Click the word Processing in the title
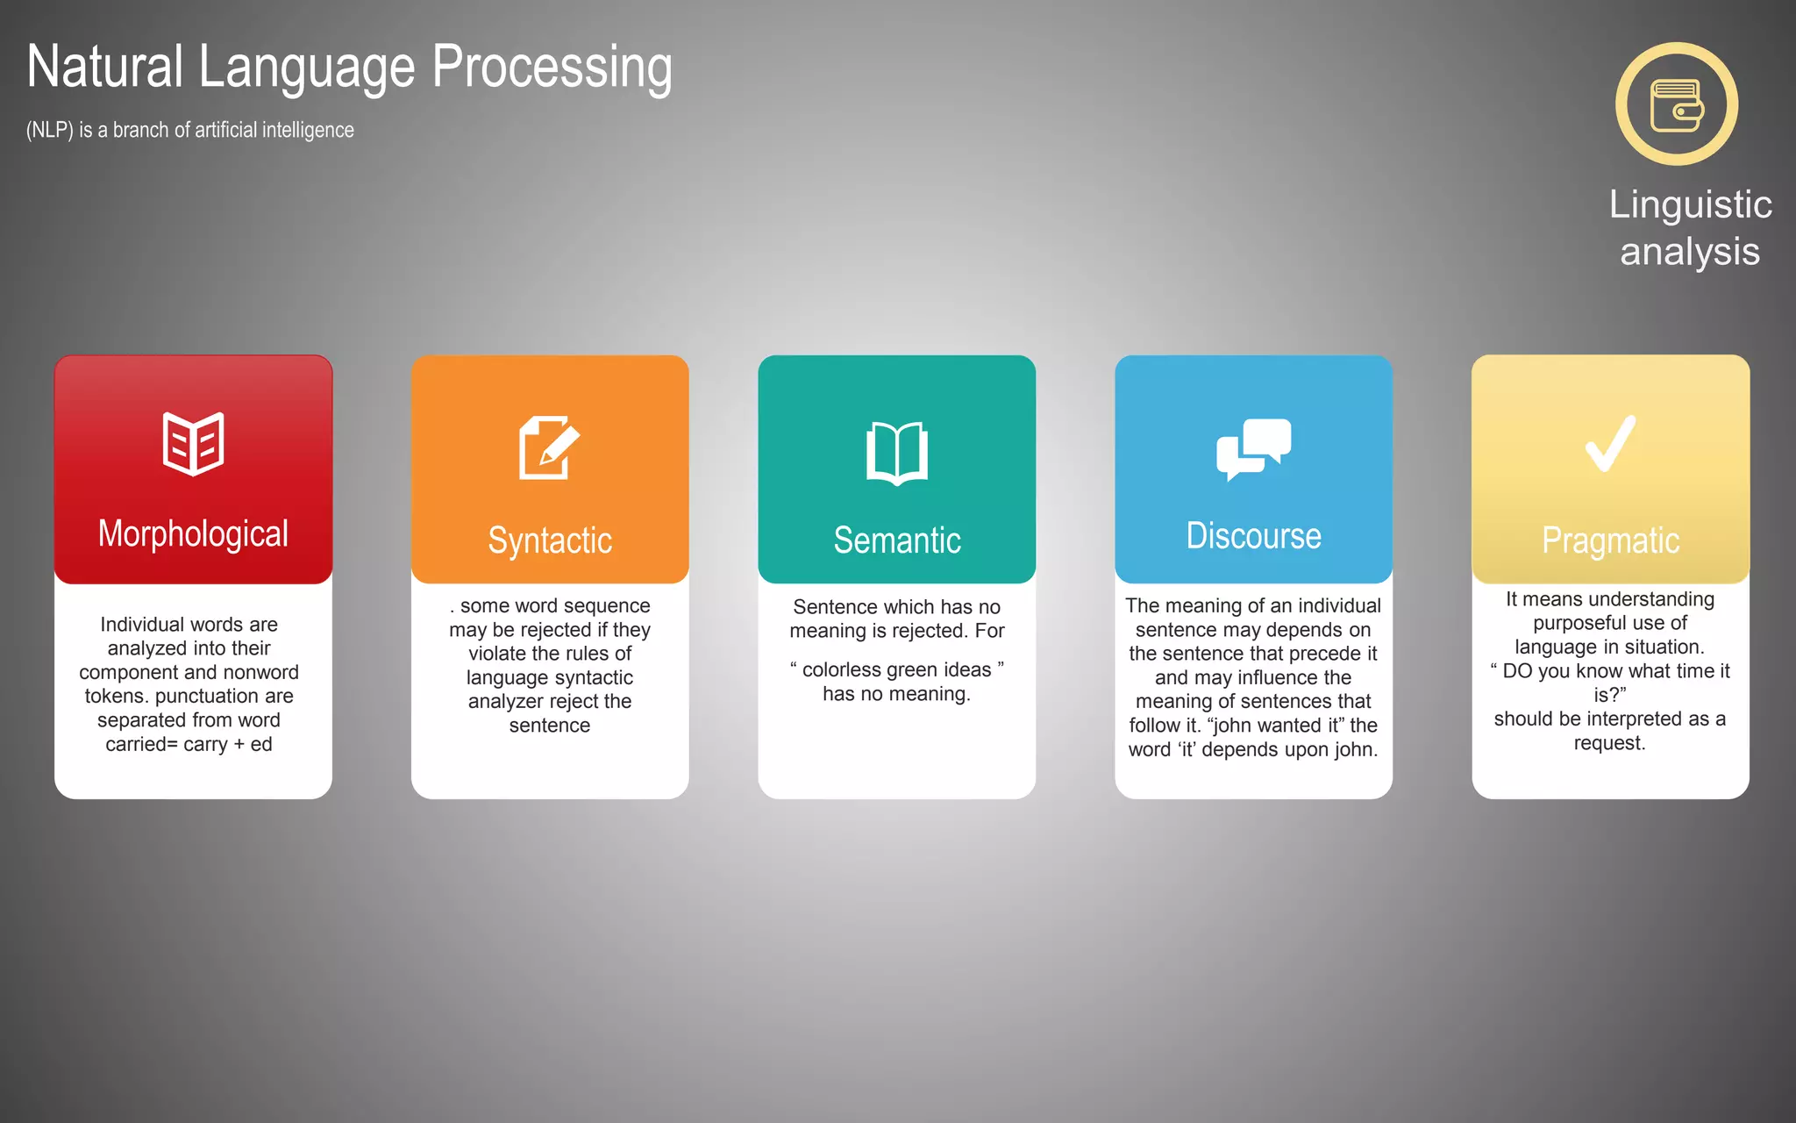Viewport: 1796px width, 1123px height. click(552, 68)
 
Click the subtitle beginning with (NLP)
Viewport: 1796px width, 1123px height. click(189, 130)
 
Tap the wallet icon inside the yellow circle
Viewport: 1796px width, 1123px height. click(1677, 104)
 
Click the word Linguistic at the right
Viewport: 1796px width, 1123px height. click(1690, 204)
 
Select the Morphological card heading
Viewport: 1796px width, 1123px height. click(193, 533)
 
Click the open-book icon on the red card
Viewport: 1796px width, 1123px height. click(193, 444)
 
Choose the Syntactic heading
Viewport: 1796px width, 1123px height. click(550, 540)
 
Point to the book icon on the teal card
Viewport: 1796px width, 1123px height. click(896, 453)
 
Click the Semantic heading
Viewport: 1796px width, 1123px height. click(897, 540)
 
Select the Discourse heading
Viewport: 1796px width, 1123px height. click(1253, 535)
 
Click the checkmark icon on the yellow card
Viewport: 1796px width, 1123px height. click(1610, 444)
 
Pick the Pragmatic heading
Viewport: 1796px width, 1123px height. click(1610, 540)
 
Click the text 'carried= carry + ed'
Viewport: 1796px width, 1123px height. click(189, 744)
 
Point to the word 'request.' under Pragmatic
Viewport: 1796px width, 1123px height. click(1609, 743)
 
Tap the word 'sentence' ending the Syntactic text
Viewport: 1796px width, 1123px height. click(550, 726)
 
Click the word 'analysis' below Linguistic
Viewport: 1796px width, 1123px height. click(1690, 252)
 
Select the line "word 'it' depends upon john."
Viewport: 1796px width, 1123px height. click(1253, 749)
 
